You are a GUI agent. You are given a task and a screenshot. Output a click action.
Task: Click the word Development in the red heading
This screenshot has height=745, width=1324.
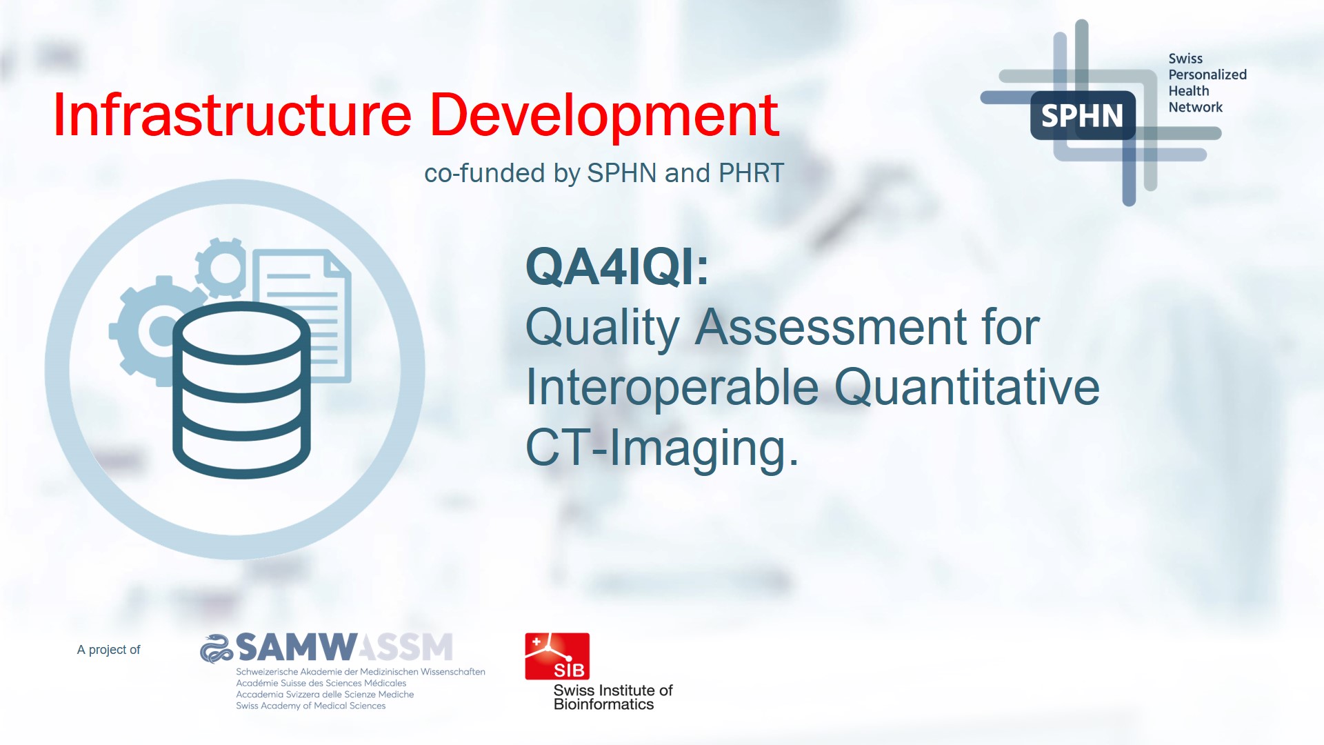(604, 115)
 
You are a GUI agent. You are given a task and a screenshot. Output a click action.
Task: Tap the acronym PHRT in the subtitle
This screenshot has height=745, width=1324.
(751, 173)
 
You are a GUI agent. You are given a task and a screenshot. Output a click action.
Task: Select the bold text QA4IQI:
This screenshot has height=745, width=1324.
(617, 267)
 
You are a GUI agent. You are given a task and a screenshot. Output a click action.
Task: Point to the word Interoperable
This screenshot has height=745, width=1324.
(672, 387)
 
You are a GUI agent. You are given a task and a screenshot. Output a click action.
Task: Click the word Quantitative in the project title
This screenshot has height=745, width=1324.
(967, 387)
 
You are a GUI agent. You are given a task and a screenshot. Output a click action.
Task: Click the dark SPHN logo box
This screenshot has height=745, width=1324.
(1082, 116)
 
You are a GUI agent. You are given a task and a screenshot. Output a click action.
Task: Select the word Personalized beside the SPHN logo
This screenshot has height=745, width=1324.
(1207, 74)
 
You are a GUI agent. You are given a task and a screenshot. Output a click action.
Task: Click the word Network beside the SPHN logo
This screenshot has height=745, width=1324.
(1195, 107)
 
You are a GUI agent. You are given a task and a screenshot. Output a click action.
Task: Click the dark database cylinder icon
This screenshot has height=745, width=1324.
(241, 390)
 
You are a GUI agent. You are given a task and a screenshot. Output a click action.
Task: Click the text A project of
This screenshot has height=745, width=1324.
(108, 650)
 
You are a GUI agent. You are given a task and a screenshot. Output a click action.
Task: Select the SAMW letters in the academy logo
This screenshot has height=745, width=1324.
(297, 647)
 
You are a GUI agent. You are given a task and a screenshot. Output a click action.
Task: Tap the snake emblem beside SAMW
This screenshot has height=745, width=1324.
(217, 648)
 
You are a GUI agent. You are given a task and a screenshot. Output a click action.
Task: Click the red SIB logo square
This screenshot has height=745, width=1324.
(557, 656)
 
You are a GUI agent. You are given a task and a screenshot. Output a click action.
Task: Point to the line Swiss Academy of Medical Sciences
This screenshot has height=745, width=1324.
(310, 706)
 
